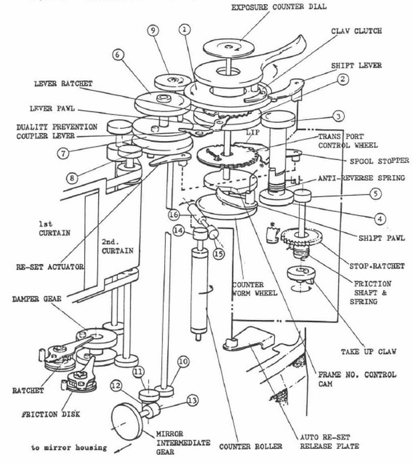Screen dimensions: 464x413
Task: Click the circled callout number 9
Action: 153,30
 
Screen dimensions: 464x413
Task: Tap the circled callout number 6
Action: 118,55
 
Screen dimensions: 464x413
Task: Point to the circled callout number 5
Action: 376,194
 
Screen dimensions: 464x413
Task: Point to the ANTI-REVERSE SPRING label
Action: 361,178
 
